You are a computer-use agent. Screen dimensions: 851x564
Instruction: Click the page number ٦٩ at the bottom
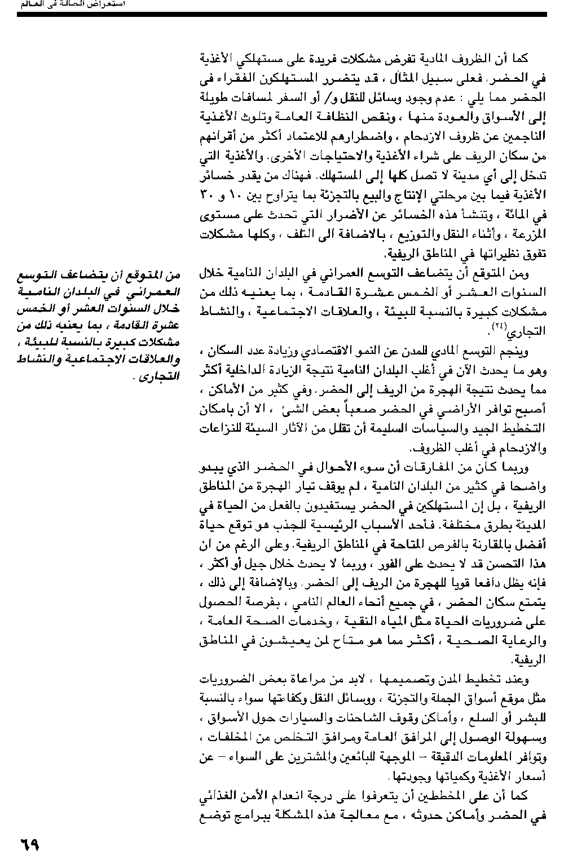coord(30,844)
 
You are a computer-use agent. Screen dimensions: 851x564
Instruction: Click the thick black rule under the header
coord(282,15)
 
